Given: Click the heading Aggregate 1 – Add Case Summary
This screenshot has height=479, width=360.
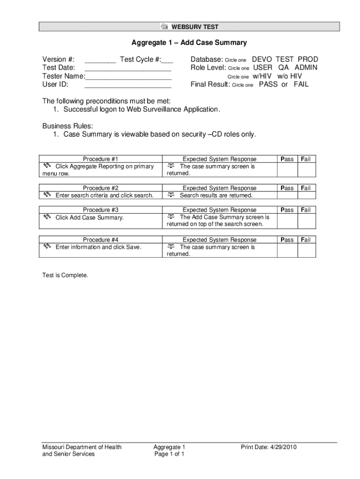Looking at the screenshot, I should (189, 43).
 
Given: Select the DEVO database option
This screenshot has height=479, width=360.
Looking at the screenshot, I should (262, 59).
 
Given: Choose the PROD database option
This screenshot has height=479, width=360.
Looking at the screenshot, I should (308, 59).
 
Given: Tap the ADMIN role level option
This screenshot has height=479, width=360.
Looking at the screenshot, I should (306, 67).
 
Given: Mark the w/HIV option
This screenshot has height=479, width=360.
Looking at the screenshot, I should (262, 76).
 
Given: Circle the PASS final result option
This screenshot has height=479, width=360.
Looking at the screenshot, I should (268, 85).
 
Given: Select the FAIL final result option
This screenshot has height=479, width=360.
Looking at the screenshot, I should (301, 85).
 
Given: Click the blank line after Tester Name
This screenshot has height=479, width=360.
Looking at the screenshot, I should (128, 78).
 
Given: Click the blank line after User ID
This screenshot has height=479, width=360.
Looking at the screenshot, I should (128, 86).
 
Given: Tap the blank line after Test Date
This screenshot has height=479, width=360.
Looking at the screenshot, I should (128, 69).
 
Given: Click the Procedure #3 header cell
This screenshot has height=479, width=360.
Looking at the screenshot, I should (101, 210).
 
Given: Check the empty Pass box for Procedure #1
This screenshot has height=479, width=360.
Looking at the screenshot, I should (287, 169).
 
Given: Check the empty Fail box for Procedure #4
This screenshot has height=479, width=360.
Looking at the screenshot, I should (307, 250).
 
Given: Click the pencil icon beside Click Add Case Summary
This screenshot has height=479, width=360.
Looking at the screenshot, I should (47, 218).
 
